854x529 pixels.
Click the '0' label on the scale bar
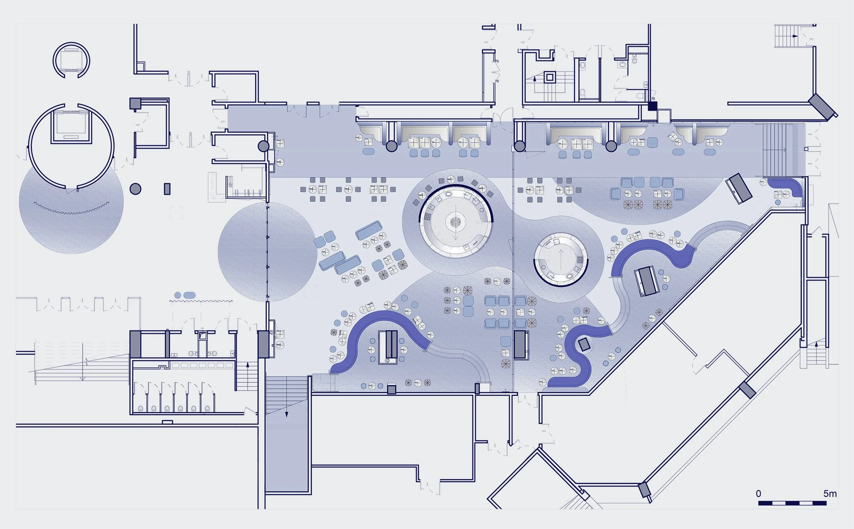click(758, 494)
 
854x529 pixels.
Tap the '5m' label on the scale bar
click(830, 494)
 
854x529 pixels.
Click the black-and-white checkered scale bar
click(792, 503)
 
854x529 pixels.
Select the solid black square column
click(652, 106)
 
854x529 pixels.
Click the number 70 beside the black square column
click(652, 99)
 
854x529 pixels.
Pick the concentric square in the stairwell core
click(549, 77)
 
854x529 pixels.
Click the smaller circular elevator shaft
click(71, 60)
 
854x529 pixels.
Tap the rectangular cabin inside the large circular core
click(71, 127)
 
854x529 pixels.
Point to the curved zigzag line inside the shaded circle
click(71, 208)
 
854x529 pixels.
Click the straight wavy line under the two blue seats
click(201, 301)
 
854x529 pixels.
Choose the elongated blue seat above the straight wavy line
click(190, 295)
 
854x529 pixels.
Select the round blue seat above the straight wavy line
click(178, 295)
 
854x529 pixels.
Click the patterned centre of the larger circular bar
click(455, 221)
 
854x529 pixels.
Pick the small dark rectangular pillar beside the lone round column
click(167, 189)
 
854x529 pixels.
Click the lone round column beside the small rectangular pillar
click(135, 189)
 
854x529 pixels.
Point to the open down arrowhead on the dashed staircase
click(83, 378)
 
